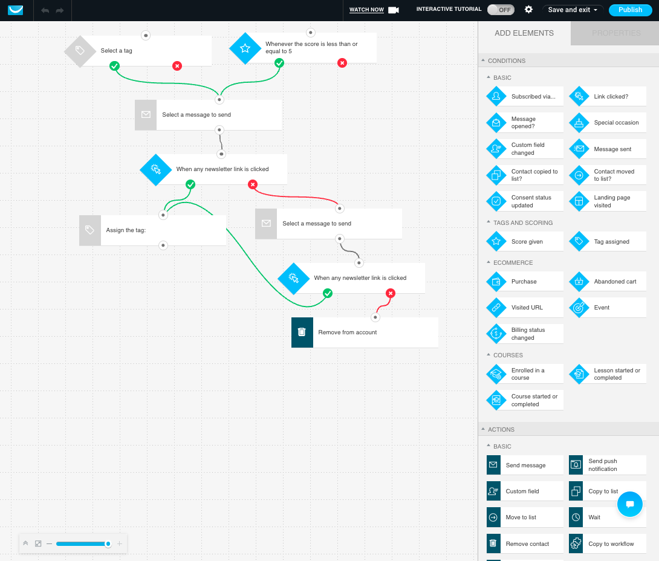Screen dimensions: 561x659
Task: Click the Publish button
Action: pyautogui.click(x=630, y=10)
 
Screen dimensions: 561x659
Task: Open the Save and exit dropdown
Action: pyautogui.click(x=573, y=10)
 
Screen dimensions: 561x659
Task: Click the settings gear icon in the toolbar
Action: pyautogui.click(x=528, y=10)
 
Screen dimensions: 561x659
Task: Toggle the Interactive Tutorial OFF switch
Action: pyautogui.click(x=500, y=10)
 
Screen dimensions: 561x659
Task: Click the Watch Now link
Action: pyautogui.click(x=366, y=10)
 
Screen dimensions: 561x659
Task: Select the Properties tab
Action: pyautogui.click(x=615, y=33)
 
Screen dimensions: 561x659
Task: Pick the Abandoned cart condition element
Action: pyautogui.click(x=608, y=281)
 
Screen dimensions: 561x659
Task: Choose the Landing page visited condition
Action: pyautogui.click(x=608, y=201)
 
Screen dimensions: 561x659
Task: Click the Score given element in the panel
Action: pyautogui.click(x=525, y=241)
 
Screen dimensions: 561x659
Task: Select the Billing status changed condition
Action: pyautogui.click(x=525, y=334)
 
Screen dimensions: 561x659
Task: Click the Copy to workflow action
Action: pyautogui.click(x=608, y=543)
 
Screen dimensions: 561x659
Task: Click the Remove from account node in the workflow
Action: pyautogui.click(x=365, y=332)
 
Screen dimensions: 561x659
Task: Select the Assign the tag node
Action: pyautogui.click(x=152, y=230)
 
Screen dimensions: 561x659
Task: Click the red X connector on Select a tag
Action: pyautogui.click(x=177, y=66)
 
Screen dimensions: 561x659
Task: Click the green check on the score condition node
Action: pyautogui.click(x=279, y=63)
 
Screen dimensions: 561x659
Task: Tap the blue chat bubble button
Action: pyautogui.click(x=629, y=504)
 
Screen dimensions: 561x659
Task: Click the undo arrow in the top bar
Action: pyautogui.click(x=45, y=10)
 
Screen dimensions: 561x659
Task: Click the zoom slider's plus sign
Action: pyautogui.click(x=120, y=543)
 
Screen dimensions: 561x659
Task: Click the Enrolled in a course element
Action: pyautogui.click(x=525, y=374)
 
